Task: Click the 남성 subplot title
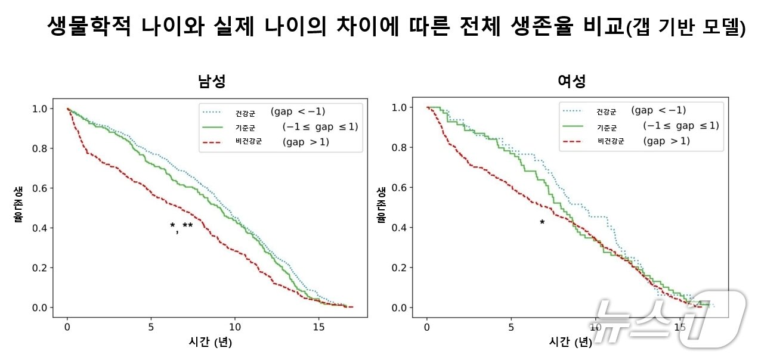(212, 82)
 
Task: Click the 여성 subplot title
(571, 82)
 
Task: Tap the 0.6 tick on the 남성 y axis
(40, 188)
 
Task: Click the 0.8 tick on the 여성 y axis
(400, 148)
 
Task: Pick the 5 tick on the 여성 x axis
(511, 327)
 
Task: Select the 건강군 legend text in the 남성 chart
(245, 113)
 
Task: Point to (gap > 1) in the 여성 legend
(666, 141)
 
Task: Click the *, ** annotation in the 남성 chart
(181, 226)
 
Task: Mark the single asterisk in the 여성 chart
(542, 223)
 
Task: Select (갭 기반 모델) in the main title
(685, 28)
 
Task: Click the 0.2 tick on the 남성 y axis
(40, 268)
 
